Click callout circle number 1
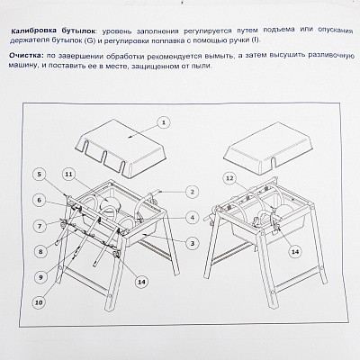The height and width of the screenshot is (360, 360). click(x=164, y=122)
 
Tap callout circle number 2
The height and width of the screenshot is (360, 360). click(x=193, y=192)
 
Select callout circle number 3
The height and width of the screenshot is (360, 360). click(x=193, y=243)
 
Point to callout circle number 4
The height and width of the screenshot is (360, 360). click(x=193, y=217)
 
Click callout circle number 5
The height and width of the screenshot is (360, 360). click(x=40, y=175)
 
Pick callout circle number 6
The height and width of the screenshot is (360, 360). click(x=40, y=200)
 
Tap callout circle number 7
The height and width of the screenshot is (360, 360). click(x=40, y=226)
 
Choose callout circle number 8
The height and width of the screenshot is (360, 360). click(x=40, y=251)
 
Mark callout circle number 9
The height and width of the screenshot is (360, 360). click(x=40, y=277)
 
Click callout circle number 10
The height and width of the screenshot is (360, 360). click(x=40, y=302)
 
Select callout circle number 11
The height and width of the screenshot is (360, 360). click(x=69, y=175)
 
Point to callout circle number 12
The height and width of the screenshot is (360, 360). click(x=229, y=179)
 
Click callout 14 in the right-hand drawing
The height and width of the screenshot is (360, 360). click(x=295, y=251)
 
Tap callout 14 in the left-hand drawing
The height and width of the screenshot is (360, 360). click(x=142, y=282)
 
